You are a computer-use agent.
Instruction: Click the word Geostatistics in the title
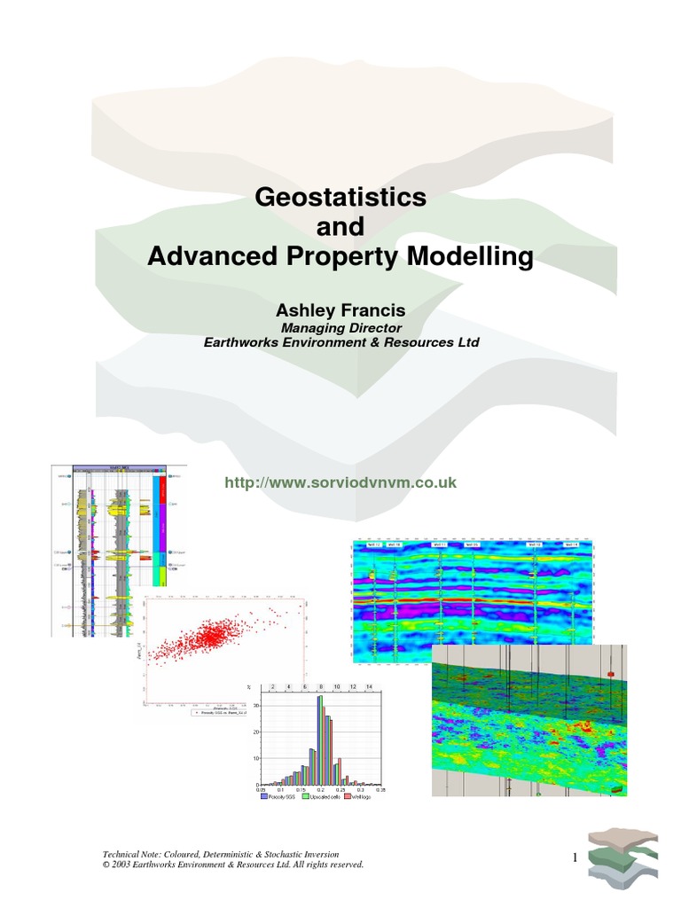(x=340, y=197)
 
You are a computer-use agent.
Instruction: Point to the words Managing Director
(x=340, y=327)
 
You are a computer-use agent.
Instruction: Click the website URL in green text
(x=340, y=482)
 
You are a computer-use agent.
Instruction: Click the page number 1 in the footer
(x=575, y=857)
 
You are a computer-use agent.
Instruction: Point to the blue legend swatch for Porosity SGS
(x=263, y=796)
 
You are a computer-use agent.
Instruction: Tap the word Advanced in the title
(x=199, y=257)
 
